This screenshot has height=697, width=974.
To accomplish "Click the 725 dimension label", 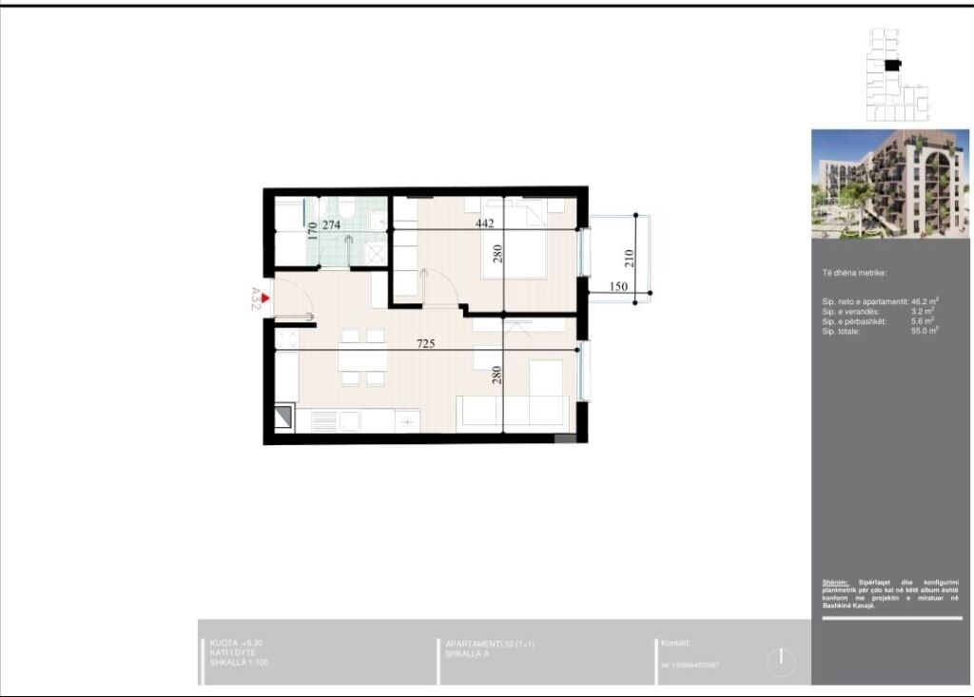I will click(x=425, y=343).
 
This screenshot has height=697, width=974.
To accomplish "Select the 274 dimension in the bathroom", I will click(x=331, y=225).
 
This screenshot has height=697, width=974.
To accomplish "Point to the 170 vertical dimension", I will click(x=312, y=230).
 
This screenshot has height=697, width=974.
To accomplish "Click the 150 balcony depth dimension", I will click(x=618, y=286).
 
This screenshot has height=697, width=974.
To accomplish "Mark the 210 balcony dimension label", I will click(x=629, y=257).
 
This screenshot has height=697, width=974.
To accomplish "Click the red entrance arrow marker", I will click(x=265, y=299).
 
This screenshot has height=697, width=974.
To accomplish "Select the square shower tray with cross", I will click(x=376, y=252).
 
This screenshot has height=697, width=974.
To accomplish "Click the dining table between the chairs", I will click(x=362, y=357).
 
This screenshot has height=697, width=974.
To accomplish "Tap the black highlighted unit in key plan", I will click(x=891, y=65).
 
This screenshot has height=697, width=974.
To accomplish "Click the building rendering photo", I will click(x=889, y=184).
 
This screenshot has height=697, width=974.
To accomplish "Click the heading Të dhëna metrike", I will click(x=854, y=273).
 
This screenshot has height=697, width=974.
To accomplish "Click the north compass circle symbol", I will click(x=781, y=661).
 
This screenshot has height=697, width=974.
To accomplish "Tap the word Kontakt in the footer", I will click(x=675, y=644).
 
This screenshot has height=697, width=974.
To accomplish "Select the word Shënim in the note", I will click(x=835, y=582).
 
